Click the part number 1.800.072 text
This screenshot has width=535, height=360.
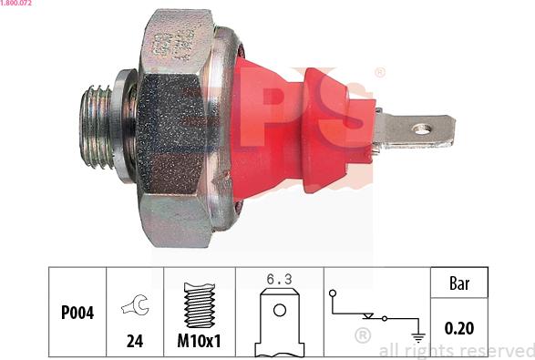(x=19, y=5)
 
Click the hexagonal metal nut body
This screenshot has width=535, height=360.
(x=178, y=128)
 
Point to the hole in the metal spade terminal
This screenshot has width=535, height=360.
(x=421, y=129)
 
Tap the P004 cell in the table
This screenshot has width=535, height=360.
(x=77, y=312)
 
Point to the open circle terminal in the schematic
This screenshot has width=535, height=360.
(x=334, y=293)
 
